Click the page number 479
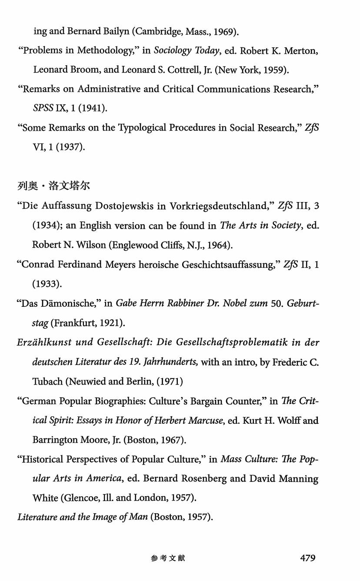307,558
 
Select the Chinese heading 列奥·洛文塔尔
53,186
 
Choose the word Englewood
133,245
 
